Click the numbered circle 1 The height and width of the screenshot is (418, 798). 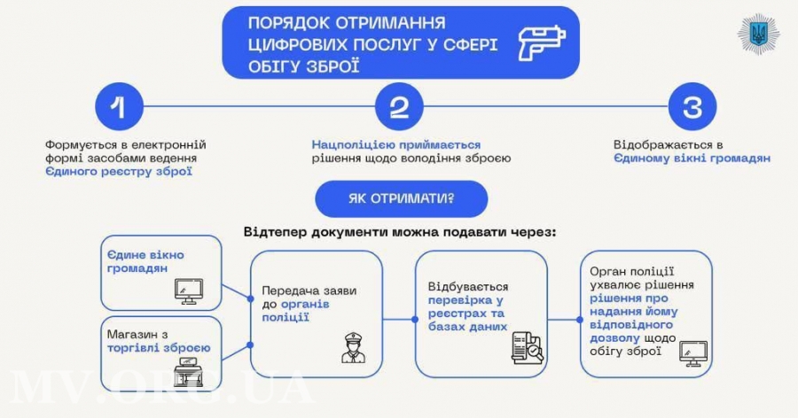[x=120, y=106]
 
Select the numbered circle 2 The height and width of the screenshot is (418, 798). [x=399, y=106]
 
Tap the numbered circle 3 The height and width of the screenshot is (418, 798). [x=692, y=106]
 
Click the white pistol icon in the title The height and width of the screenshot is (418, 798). [x=540, y=41]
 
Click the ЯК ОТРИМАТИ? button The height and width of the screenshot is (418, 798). [x=401, y=198]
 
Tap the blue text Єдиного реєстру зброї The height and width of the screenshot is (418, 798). [x=120, y=171]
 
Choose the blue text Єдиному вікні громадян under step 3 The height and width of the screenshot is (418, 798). [x=691, y=158]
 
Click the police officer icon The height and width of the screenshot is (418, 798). [x=353, y=347]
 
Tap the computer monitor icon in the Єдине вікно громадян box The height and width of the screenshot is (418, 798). [x=187, y=290]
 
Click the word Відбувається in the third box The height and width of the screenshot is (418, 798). [x=468, y=287]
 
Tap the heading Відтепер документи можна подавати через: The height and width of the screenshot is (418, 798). [x=400, y=231]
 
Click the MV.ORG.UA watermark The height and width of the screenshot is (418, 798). [x=160, y=388]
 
